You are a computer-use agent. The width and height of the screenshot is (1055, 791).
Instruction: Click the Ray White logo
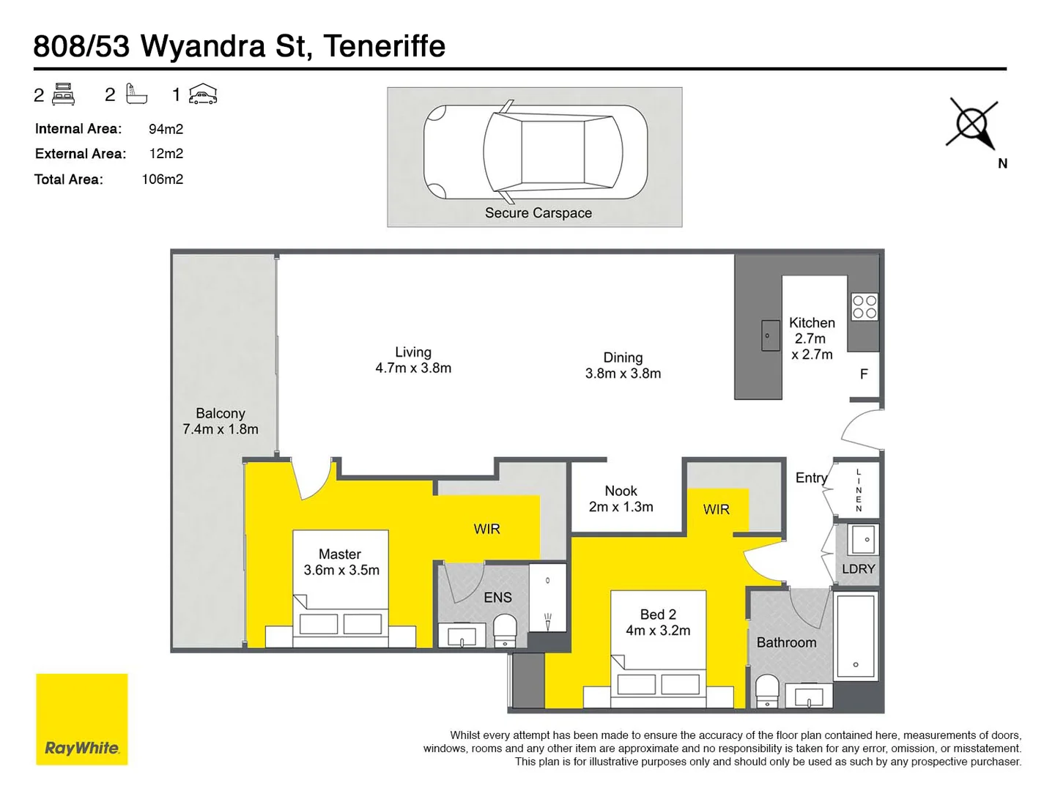(x=82, y=719)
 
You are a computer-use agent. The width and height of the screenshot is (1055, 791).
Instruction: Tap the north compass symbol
(x=972, y=124)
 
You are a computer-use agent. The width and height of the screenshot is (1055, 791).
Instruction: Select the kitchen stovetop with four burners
(x=865, y=308)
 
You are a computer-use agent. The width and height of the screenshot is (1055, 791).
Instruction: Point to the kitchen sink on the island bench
(x=770, y=336)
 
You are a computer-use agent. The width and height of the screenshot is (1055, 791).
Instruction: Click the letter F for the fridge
(x=864, y=374)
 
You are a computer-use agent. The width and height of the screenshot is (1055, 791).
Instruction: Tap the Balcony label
(x=220, y=414)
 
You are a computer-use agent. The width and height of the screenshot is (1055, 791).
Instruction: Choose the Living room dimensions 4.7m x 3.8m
(x=413, y=368)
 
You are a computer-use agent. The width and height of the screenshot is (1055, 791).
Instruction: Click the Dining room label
(x=623, y=357)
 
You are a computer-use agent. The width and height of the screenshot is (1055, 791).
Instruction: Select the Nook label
(x=621, y=491)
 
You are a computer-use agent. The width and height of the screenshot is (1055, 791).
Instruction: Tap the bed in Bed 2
(x=658, y=659)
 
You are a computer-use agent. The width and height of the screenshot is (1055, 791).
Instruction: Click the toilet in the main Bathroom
(x=767, y=691)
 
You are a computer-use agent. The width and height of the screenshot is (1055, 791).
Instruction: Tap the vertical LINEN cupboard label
(x=859, y=491)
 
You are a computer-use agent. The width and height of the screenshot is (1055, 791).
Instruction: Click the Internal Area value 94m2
(x=166, y=129)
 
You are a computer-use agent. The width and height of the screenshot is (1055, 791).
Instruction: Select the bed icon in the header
(x=64, y=94)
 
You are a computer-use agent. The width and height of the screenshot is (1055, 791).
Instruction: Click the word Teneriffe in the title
(x=384, y=46)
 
